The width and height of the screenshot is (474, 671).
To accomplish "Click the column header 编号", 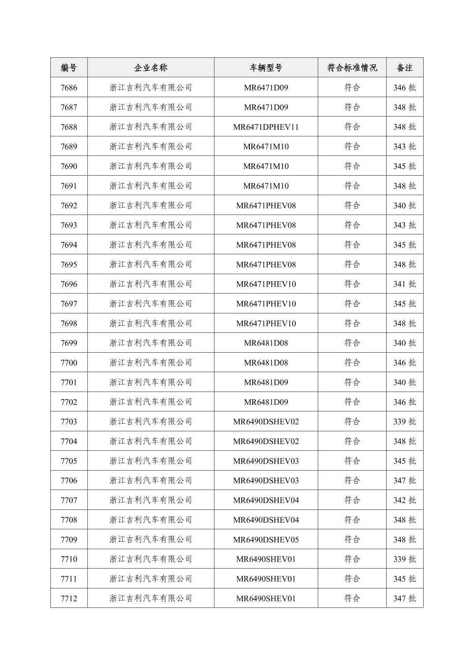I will pyautogui.click(x=69, y=68).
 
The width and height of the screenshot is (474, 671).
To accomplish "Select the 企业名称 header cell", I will pyautogui.click(x=150, y=68).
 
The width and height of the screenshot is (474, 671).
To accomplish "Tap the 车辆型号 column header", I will pyautogui.click(x=266, y=68).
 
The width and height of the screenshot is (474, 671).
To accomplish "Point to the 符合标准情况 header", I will pyautogui.click(x=352, y=68).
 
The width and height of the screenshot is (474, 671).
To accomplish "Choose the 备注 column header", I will pyautogui.click(x=404, y=68).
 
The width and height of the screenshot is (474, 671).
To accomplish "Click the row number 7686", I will pyautogui.click(x=69, y=87).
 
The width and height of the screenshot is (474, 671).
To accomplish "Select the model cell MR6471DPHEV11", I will pyautogui.click(x=266, y=127).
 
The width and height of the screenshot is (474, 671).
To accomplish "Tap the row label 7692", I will pyautogui.click(x=69, y=205).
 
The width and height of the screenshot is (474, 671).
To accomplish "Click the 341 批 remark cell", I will pyautogui.click(x=404, y=284).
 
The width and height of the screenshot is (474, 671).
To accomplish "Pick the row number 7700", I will pyautogui.click(x=69, y=362).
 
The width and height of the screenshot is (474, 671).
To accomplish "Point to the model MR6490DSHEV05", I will pyautogui.click(x=266, y=539).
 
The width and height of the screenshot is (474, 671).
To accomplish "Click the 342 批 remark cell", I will pyautogui.click(x=404, y=500).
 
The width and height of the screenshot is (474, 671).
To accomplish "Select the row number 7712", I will pyautogui.click(x=69, y=598).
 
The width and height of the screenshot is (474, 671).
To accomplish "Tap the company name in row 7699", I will pyautogui.click(x=150, y=343).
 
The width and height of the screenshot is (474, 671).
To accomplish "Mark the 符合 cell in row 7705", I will pyautogui.click(x=352, y=461).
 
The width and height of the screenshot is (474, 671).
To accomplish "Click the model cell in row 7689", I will pyautogui.click(x=266, y=147).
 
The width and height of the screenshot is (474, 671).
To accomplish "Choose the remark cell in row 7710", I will pyautogui.click(x=404, y=559).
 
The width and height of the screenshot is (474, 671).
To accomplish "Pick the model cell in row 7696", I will pyautogui.click(x=266, y=284).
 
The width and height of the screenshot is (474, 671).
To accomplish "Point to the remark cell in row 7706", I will pyautogui.click(x=404, y=480).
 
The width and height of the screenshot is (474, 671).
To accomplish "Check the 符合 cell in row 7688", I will pyautogui.click(x=352, y=127).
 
